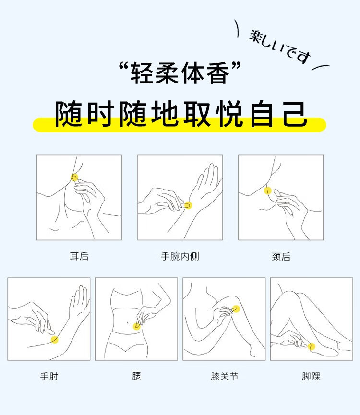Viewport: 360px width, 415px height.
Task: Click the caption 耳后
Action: [x=79, y=256]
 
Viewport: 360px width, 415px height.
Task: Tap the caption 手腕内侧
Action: [x=180, y=256]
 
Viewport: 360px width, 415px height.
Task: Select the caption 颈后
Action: [x=281, y=257]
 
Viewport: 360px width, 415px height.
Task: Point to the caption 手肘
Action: [x=49, y=376]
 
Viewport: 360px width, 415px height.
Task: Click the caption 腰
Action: [x=136, y=376]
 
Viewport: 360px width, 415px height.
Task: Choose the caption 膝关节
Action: [x=225, y=376]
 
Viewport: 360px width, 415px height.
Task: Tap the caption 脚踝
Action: [x=312, y=376]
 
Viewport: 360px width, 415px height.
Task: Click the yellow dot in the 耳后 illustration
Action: [x=75, y=178]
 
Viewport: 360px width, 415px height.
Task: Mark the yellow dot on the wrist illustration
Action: [x=188, y=205]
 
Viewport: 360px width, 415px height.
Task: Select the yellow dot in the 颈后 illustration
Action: [x=268, y=190]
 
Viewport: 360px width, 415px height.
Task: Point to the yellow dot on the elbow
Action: [x=55, y=339]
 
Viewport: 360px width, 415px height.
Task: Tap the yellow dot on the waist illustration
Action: [x=137, y=326]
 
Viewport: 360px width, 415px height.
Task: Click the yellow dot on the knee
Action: [x=236, y=309]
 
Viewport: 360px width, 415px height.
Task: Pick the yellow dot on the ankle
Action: [x=312, y=346]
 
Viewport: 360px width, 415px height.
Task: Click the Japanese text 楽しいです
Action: [x=280, y=47]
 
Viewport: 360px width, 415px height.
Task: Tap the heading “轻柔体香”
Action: [x=180, y=73]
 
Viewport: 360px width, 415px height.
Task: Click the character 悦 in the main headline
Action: [x=229, y=114]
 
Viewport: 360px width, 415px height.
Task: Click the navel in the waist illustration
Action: [x=128, y=322]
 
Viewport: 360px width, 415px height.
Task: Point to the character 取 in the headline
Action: [x=197, y=114]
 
